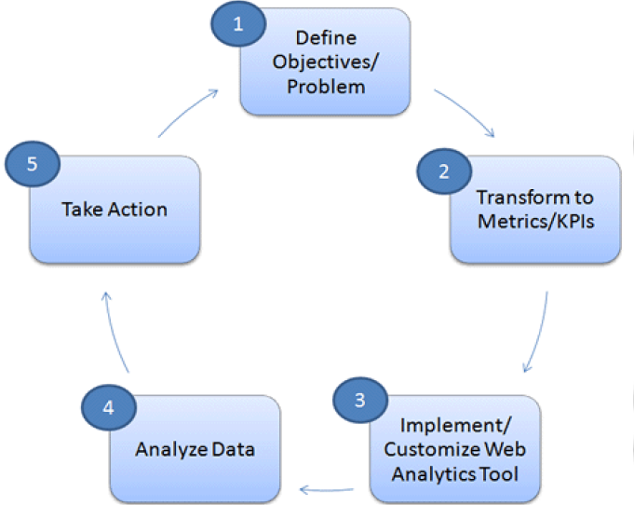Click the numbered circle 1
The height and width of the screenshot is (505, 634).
click(238, 24)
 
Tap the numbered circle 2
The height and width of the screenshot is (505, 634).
click(444, 171)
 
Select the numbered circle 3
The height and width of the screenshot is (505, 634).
click(360, 401)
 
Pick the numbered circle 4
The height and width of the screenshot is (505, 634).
click(108, 407)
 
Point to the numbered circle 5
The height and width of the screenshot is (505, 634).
click(33, 164)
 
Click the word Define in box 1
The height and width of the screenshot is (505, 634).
click(326, 38)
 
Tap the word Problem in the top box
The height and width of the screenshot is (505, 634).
click(326, 87)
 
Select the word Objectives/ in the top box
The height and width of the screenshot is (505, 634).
click(326, 62)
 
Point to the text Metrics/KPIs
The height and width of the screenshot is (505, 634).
click(535, 222)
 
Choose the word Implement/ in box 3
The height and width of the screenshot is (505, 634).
click(455, 426)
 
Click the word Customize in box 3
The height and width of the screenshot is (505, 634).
click(431, 450)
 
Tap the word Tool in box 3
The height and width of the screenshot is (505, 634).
click(499, 474)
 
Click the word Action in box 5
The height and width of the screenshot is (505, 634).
click(138, 210)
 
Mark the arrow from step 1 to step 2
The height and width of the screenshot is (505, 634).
click(465, 111)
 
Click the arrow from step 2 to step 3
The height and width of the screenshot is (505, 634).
click(539, 334)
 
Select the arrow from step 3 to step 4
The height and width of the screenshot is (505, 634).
click(326, 490)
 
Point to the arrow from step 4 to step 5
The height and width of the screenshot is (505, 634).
click(113, 333)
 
